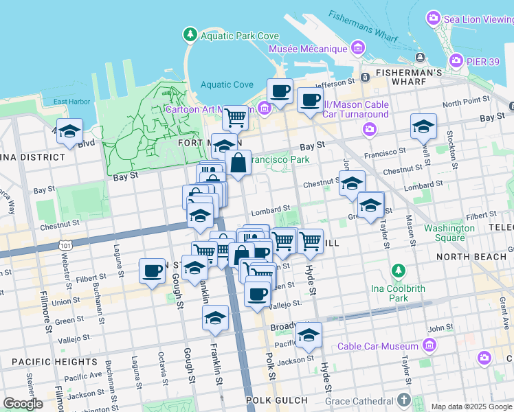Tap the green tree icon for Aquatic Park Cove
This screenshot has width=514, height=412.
tap(190, 34)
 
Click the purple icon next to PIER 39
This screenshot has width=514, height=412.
tap(456, 61)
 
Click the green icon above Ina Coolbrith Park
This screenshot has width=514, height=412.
tap(398, 271)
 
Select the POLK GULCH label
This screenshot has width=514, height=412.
tap(275, 399)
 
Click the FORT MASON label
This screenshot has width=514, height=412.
tap(199, 143)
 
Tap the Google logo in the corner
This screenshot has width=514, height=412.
tap(23, 404)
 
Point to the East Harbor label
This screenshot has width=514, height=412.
tap(71, 102)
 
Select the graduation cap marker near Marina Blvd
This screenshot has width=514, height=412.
tap(69, 130)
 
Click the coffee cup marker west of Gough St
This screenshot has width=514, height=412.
tap(152, 270)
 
